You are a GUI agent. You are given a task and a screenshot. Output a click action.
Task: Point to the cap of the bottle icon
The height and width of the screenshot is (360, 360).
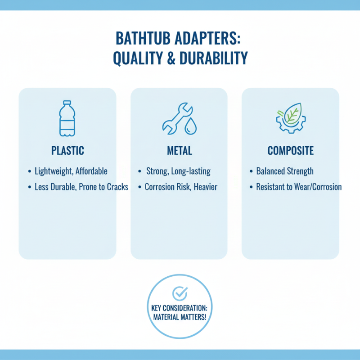(67, 103)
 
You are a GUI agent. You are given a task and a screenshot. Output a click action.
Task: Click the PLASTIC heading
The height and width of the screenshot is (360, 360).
(67, 151)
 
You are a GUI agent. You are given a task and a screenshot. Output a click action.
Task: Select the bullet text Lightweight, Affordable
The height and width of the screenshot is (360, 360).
(71, 171)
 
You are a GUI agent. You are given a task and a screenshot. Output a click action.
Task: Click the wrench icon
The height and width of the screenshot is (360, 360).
(174, 118)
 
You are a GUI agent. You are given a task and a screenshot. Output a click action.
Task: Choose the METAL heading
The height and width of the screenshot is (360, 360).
(179, 151)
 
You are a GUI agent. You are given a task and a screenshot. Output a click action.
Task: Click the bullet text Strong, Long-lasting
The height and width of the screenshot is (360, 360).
(178, 171)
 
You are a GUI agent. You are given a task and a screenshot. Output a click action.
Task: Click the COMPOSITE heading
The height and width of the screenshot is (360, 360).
(290, 151)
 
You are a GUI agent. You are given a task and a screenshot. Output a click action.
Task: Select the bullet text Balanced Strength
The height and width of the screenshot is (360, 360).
(285, 171)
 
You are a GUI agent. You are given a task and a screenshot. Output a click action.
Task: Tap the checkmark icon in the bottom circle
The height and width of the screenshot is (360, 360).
(180, 293)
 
